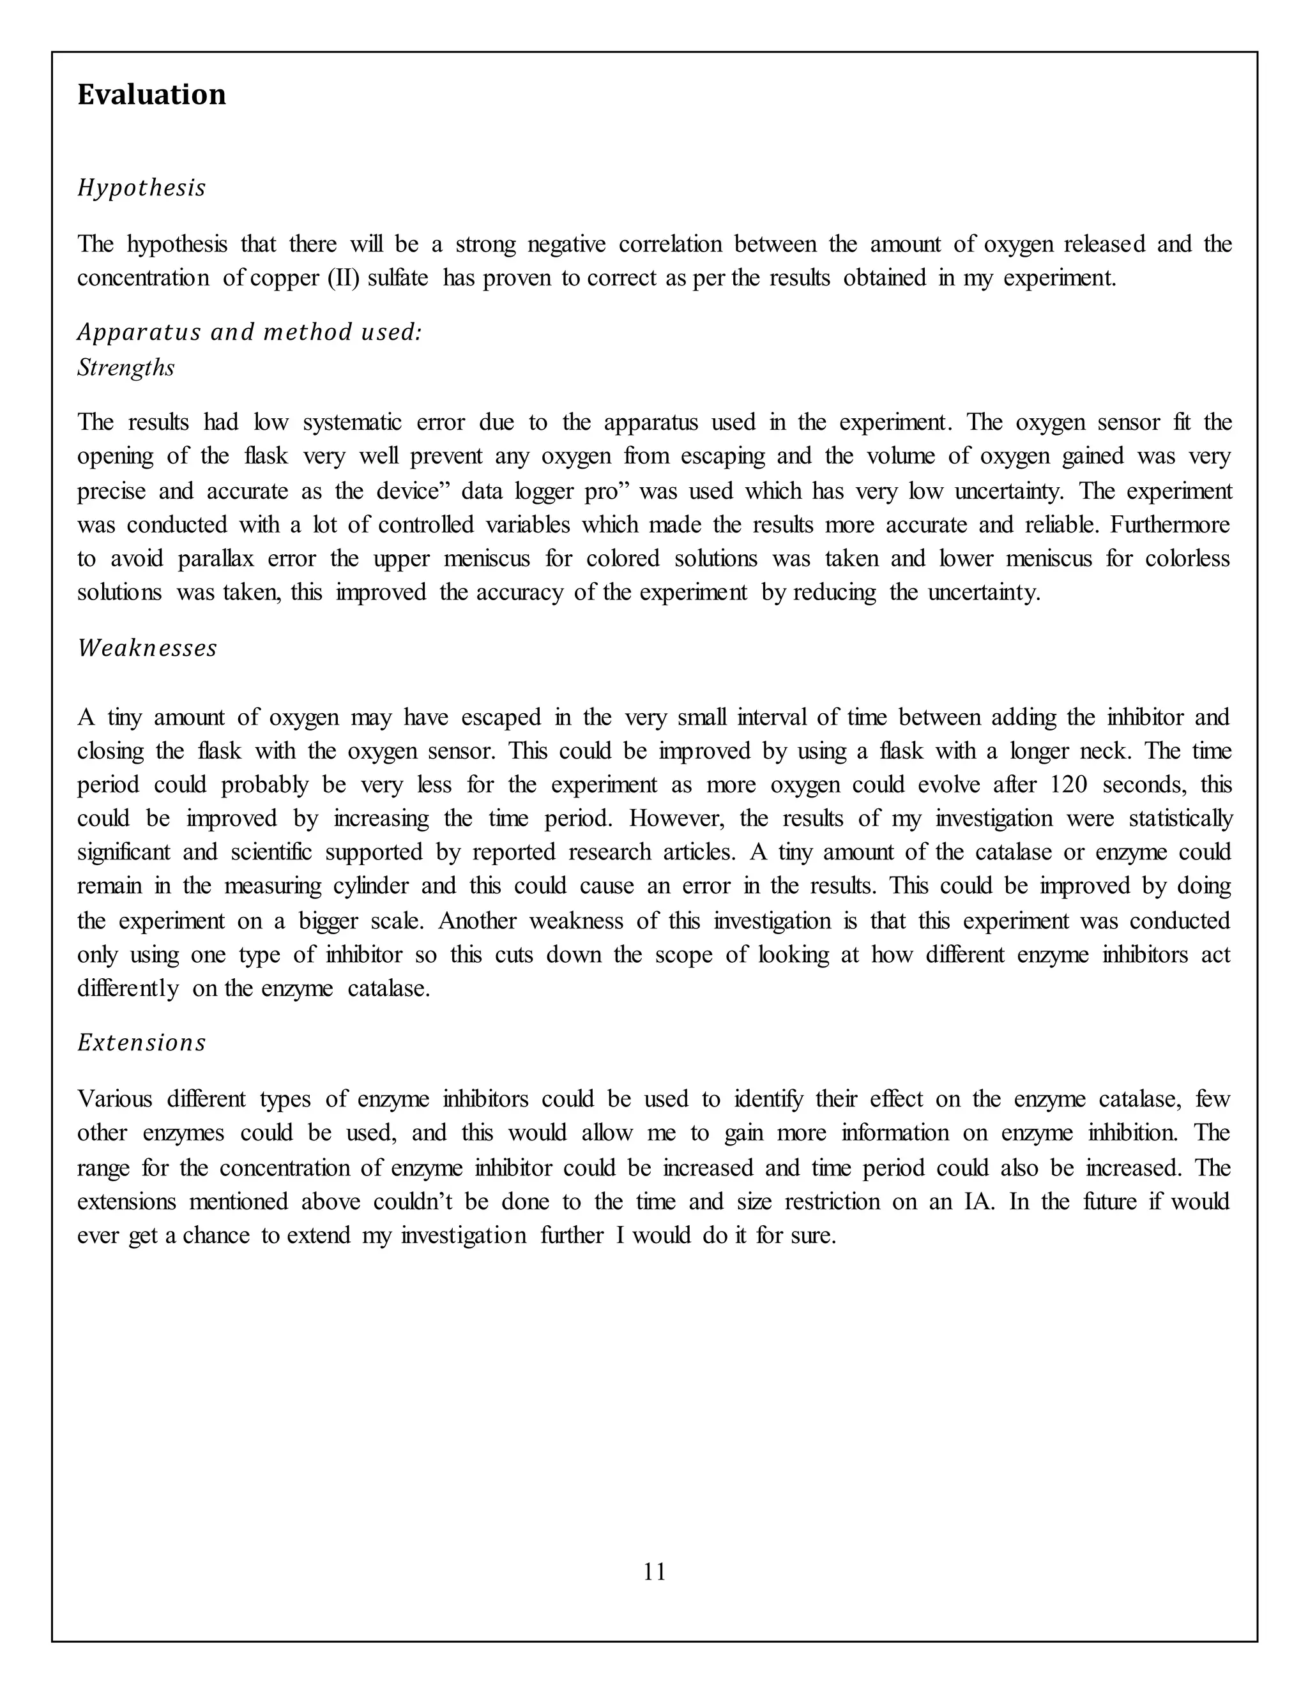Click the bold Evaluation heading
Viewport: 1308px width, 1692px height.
click(x=152, y=94)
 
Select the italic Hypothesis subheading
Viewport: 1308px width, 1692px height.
click(x=142, y=188)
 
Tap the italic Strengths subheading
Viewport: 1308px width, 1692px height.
click(x=126, y=367)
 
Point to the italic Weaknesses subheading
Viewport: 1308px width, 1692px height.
click(x=148, y=647)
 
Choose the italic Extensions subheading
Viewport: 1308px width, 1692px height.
click(x=142, y=1043)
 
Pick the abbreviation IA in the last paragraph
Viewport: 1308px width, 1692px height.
click(x=978, y=1202)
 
